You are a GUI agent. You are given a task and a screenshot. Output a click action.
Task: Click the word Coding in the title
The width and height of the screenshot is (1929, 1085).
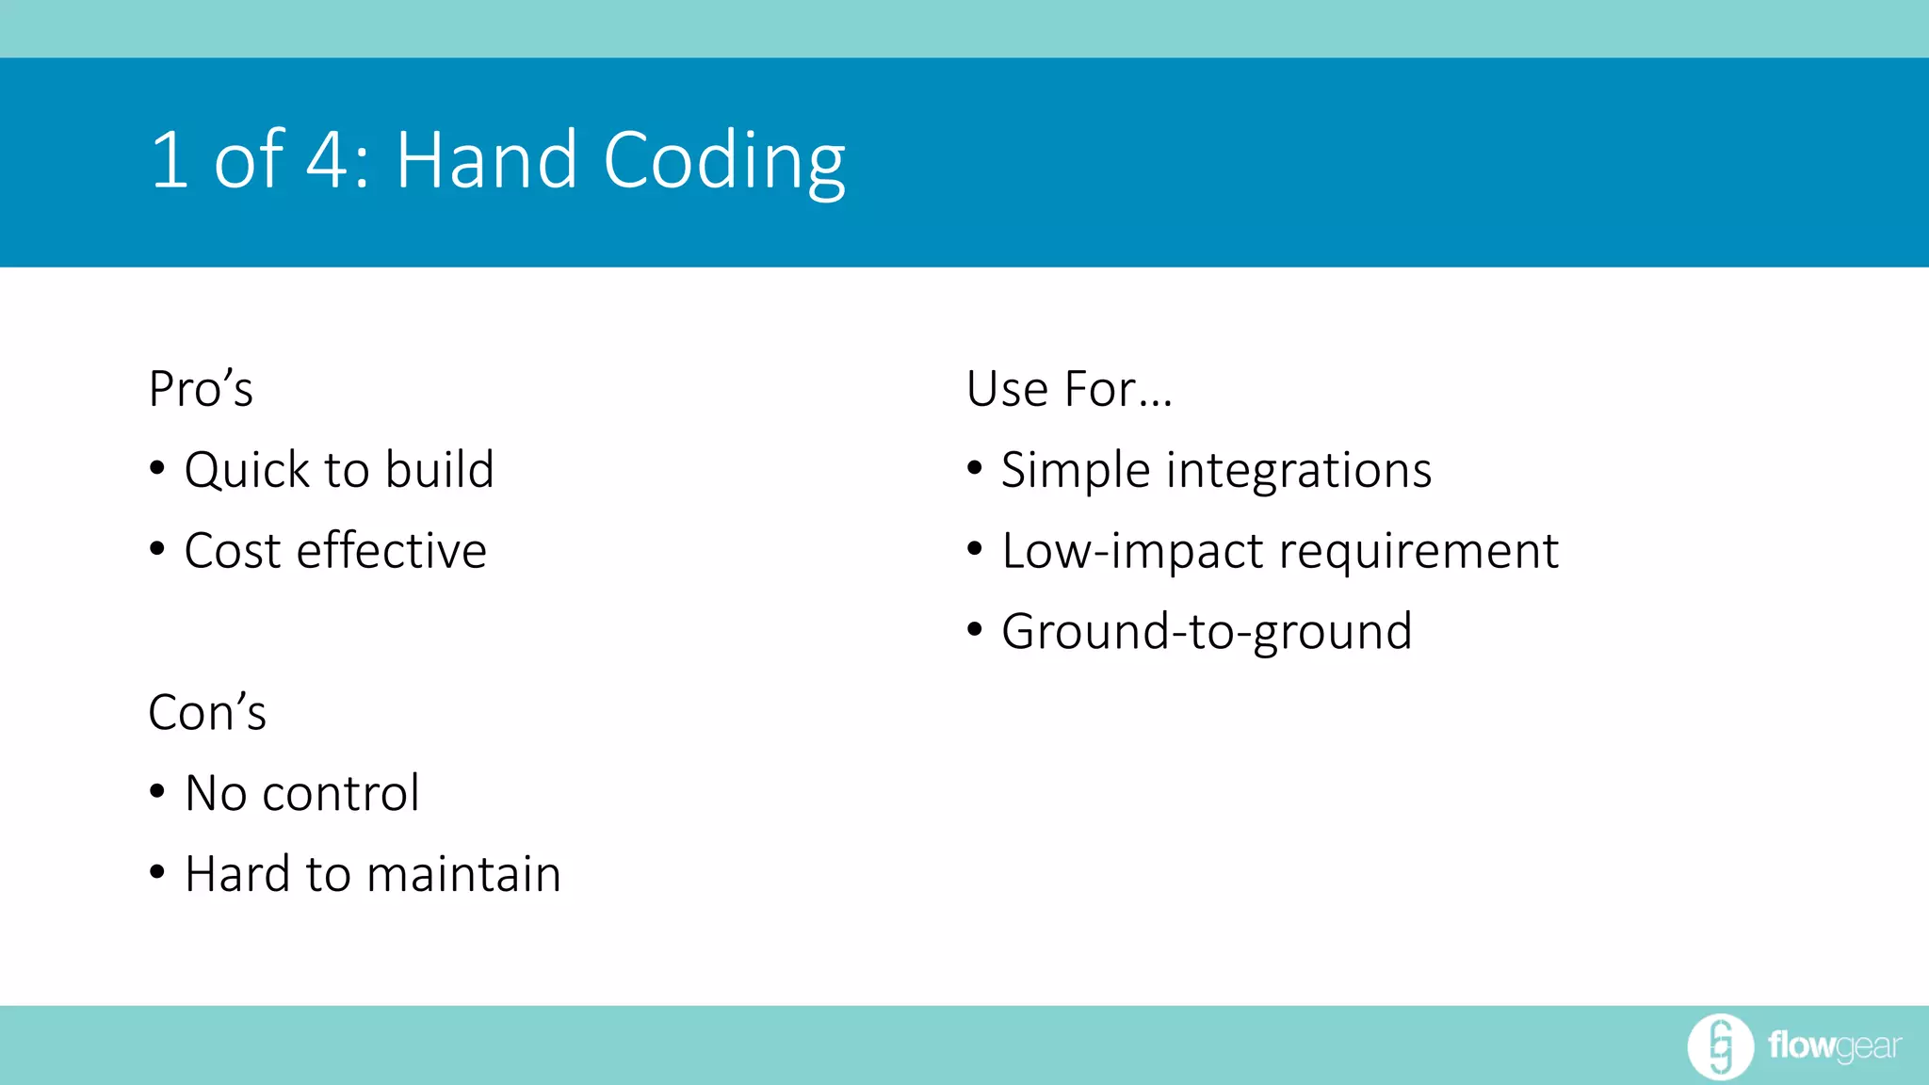[x=723, y=162]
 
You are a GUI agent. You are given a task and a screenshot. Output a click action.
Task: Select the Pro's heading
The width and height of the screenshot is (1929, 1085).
[x=201, y=389]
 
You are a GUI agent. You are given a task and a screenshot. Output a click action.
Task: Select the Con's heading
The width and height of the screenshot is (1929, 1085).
[x=207, y=712]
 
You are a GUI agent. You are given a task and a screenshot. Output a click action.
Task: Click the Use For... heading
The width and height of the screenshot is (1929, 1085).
[x=1069, y=389]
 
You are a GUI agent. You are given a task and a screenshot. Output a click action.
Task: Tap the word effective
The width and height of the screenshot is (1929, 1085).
[x=391, y=550]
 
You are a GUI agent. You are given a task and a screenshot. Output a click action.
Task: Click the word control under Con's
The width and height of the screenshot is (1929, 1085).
[x=340, y=793]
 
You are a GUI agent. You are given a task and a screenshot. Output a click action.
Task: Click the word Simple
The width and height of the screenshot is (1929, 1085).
[x=1075, y=470]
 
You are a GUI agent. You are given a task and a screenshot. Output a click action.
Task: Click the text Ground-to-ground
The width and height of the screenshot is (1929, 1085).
[x=1207, y=631]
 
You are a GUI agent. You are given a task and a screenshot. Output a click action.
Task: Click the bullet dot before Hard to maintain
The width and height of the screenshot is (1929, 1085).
[x=157, y=873]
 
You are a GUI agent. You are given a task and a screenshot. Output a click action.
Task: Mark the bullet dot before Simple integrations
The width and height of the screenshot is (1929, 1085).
[x=975, y=468]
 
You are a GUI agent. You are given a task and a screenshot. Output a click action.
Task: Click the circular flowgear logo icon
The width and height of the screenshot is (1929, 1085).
[x=1720, y=1045]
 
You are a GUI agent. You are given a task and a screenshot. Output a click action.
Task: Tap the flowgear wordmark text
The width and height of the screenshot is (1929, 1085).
[x=1834, y=1045]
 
